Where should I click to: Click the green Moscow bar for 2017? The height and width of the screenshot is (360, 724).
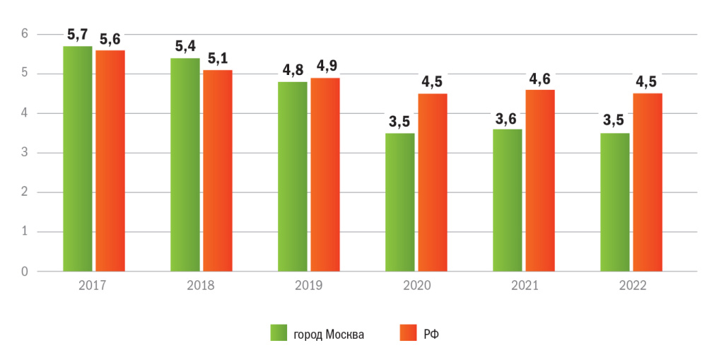point(77,158)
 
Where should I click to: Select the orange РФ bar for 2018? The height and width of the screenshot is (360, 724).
point(218,170)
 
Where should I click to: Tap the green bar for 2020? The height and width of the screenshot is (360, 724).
point(399,202)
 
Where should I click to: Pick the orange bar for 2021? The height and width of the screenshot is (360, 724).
point(540,180)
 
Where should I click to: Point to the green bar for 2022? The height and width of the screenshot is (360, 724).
point(614,202)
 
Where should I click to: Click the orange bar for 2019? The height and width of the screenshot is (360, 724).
point(325,175)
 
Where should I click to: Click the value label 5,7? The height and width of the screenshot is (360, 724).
point(78,33)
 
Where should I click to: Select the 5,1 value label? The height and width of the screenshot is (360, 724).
point(218,57)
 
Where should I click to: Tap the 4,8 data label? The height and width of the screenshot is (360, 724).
point(292,69)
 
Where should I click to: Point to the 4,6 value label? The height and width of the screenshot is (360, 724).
point(540,77)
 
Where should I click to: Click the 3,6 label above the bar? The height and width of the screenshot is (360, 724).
point(507,117)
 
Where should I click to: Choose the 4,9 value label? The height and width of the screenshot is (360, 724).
point(326,65)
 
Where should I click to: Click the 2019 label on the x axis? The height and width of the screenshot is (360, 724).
point(308,286)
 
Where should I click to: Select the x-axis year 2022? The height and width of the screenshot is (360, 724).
point(631,286)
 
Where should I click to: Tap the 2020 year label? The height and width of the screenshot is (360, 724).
point(416,286)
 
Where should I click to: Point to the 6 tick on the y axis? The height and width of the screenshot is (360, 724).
point(24,34)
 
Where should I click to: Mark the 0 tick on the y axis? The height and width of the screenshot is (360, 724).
point(24,272)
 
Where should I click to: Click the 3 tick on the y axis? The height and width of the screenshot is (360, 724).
point(24,153)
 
